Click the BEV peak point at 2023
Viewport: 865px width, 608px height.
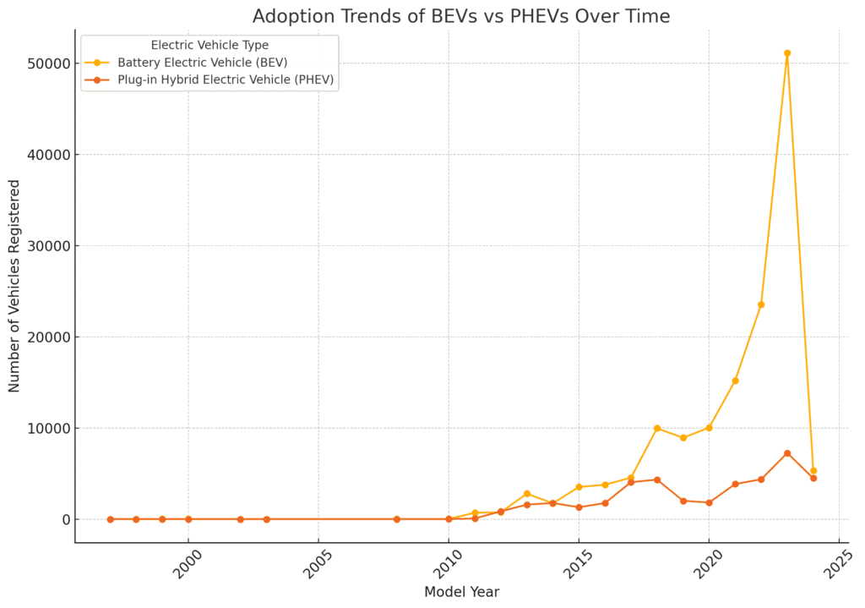pos(786,53)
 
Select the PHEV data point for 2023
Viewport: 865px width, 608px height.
pos(786,453)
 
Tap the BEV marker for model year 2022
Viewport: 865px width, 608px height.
pos(761,304)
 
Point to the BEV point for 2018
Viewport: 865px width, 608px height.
pos(656,428)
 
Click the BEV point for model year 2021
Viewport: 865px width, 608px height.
pos(735,381)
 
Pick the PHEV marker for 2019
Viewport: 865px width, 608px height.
pos(683,501)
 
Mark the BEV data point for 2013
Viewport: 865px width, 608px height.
pos(526,494)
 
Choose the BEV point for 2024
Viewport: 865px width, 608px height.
pos(813,471)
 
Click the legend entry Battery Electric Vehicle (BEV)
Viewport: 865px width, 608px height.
pos(203,63)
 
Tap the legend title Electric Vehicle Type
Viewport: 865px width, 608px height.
pos(209,45)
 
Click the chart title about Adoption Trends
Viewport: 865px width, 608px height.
pos(461,16)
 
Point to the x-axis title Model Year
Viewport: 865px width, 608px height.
pos(461,592)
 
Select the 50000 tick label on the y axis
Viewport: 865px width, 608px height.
pos(46,63)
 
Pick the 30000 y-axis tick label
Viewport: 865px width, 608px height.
pos(46,246)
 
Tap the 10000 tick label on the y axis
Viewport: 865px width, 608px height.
pos(46,428)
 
